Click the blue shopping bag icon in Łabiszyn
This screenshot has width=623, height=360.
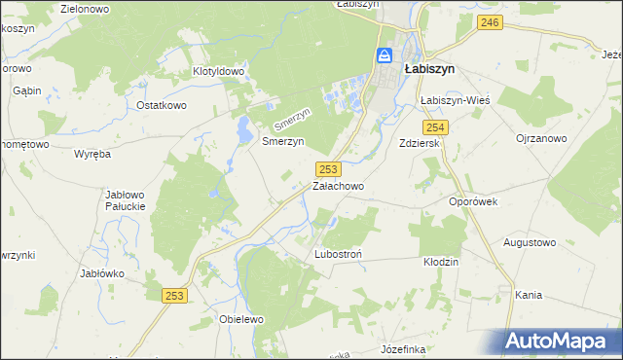(x=385, y=55)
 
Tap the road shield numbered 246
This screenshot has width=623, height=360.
(x=491, y=22)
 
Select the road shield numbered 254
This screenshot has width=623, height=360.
(x=435, y=127)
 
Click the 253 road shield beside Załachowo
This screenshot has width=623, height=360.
(x=328, y=168)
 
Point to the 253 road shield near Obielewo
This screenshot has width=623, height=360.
(x=174, y=296)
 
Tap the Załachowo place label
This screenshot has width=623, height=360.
(x=338, y=185)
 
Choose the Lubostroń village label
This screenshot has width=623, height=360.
(x=339, y=254)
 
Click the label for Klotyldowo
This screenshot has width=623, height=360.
(x=219, y=72)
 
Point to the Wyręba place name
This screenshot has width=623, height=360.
(x=93, y=154)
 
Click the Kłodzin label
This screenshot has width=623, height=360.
(x=441, y=262)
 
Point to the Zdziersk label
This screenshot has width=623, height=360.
(x=421, y=143)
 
